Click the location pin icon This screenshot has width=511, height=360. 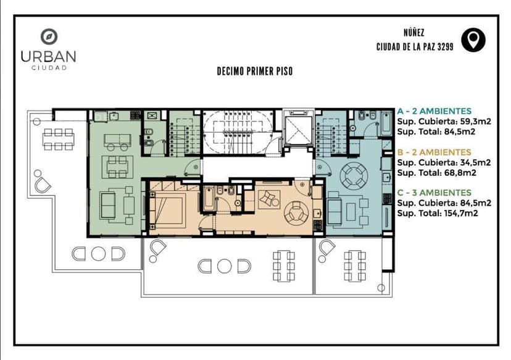click(473, 40)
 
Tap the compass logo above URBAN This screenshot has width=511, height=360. click(49, 37)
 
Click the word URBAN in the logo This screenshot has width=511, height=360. click(48, 56)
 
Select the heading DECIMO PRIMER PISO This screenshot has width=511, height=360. click(255, 72)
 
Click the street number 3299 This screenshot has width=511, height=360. click(443, 47)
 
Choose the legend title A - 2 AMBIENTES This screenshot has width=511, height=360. click(434, 111)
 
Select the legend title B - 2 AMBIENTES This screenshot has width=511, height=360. click(434, 152)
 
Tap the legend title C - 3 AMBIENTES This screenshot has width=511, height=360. click(434, 193)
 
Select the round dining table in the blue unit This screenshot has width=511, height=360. click(354, 174)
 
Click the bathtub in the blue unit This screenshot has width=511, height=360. click(386, 122)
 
